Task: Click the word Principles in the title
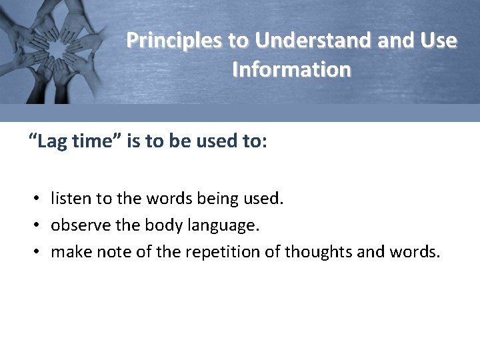175,41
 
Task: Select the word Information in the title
291,69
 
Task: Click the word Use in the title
439,41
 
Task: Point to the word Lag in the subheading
51,141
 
